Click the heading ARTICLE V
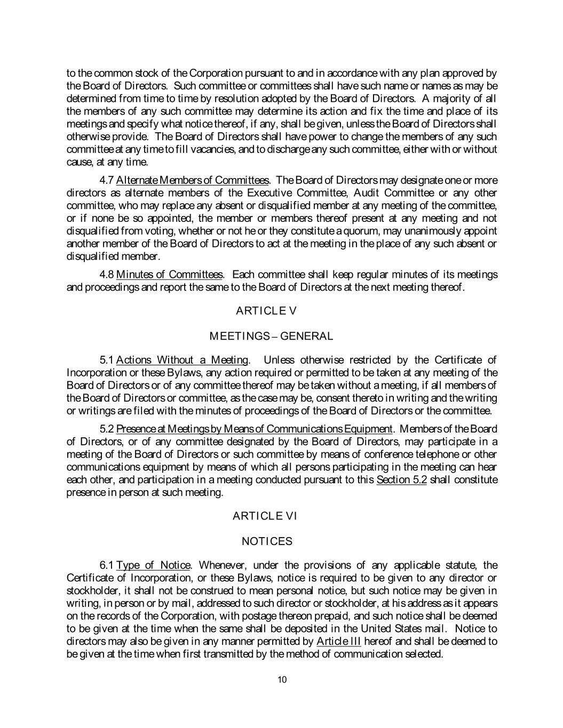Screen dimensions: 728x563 [x=265, y=311]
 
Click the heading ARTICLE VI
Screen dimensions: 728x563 [x=265, y=516]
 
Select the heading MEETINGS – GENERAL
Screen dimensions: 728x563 [x=271, y=337]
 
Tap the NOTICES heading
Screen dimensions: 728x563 [x=267, y=541]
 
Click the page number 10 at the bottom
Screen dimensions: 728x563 [x=282, y=679]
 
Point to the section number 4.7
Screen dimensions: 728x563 [x=107, y=180]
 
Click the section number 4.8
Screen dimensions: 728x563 [x=107, y=275]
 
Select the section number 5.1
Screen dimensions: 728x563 [x=107, y=360]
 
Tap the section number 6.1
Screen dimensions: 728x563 [x=107, y=565]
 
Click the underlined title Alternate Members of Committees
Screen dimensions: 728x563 [x=192, y=180]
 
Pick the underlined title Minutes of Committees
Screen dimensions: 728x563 [x=170, y=275]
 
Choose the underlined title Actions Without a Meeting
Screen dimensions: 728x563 [x=182, y=360]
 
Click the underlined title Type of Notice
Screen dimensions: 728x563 [x=153, y=565]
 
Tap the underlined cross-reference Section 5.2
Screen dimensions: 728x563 [x=401, y=479]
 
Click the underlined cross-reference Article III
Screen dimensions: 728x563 [x=338, y=641]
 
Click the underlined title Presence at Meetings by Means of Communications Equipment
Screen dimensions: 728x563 [x=254, y=429]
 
